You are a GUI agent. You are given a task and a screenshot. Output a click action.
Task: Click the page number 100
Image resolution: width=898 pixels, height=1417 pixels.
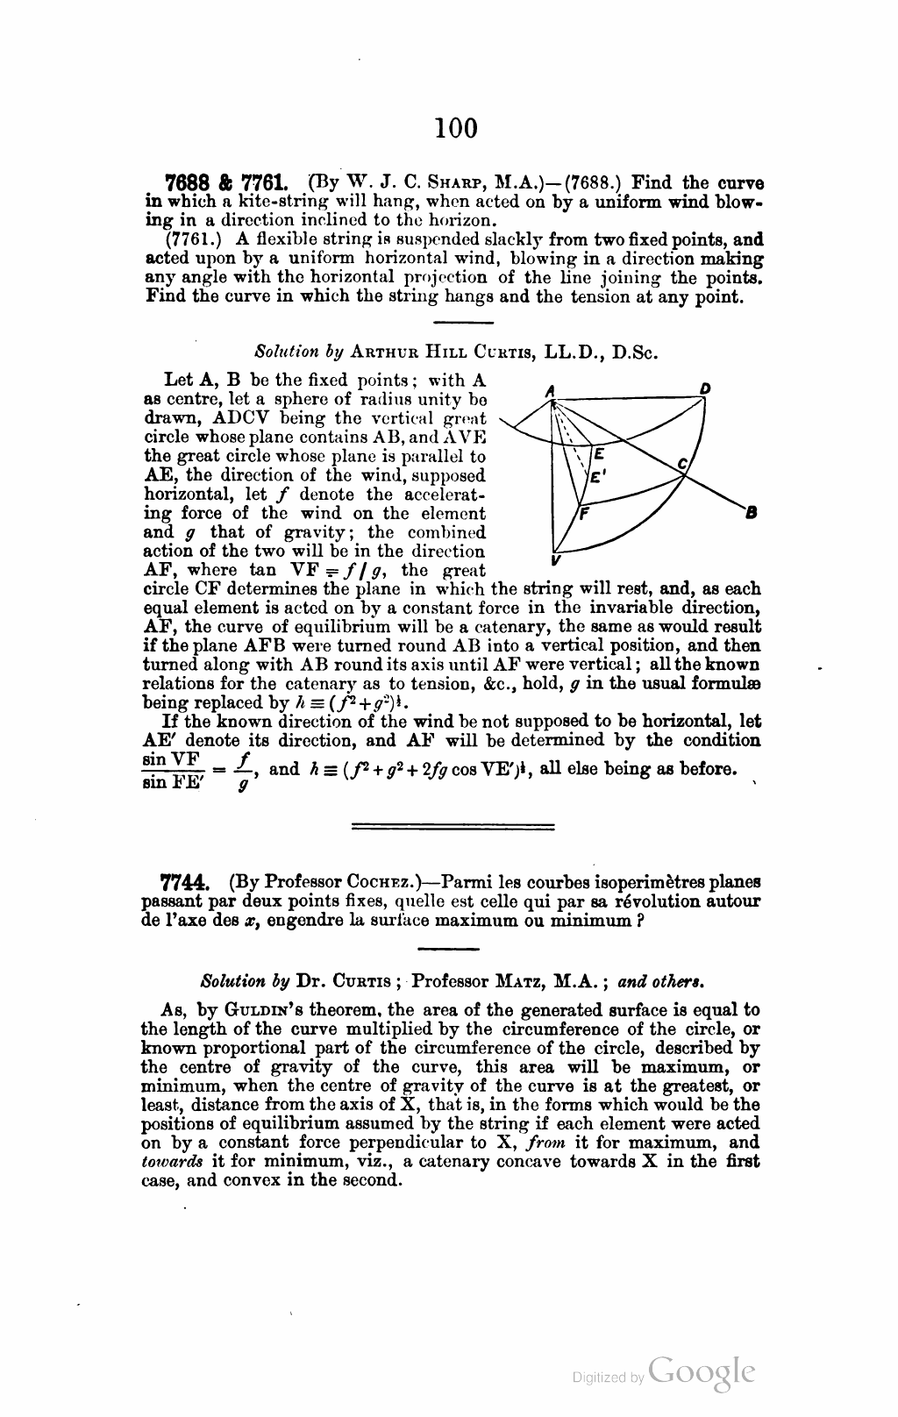click(x=456, y=128)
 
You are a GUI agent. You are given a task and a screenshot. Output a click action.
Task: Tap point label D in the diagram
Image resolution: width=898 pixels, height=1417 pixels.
click(x=705, y=387)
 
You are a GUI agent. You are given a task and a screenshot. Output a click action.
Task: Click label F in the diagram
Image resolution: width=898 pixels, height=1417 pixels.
click(x=584, y=515)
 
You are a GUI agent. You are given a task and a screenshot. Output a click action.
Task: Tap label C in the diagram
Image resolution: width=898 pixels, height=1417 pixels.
click(x=681, y=462)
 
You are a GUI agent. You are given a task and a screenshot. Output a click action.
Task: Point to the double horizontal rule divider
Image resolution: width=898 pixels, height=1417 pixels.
click(x=453, y=825)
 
